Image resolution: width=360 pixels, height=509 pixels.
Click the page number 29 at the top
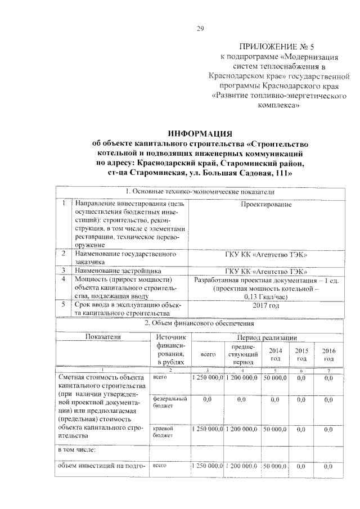(200, 29)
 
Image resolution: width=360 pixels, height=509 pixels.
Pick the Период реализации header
(266, 336)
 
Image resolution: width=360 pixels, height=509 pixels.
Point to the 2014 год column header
(276, 354)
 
